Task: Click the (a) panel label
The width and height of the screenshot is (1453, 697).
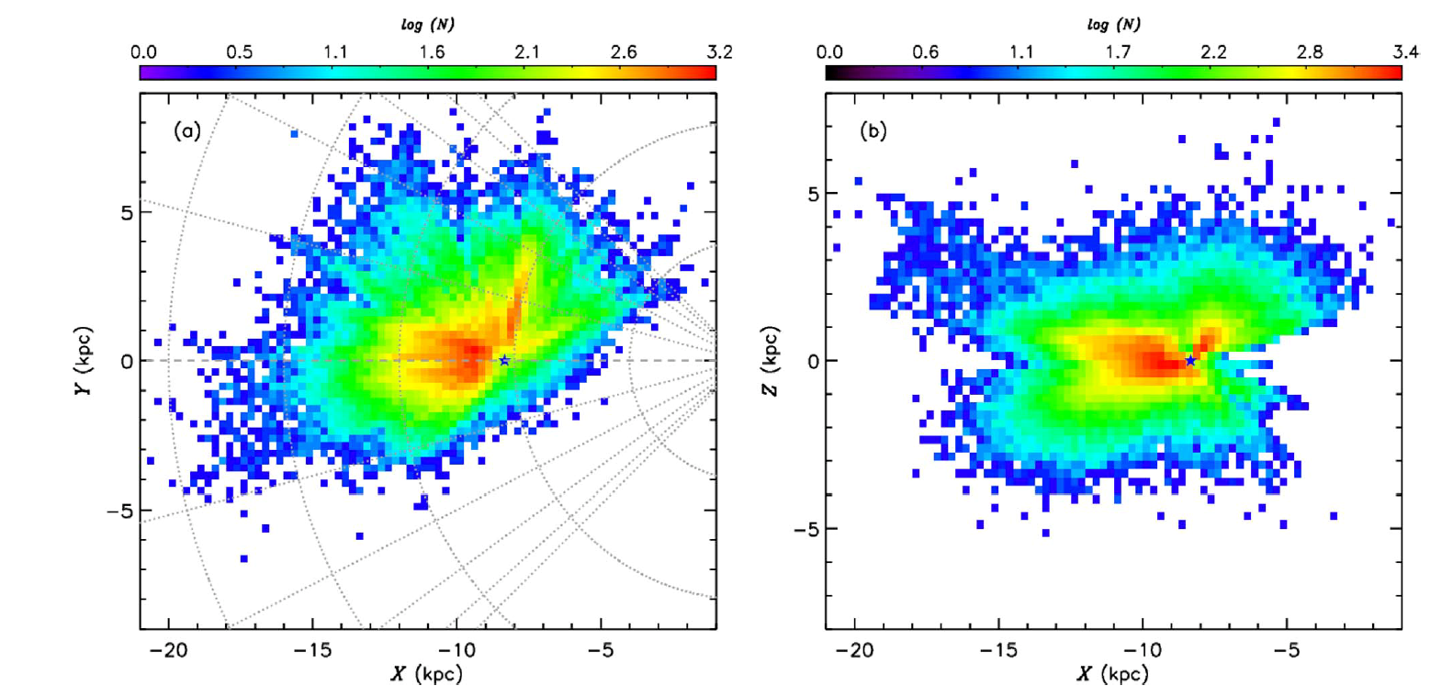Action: [x=187, y=130]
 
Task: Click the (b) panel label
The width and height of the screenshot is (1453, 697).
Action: [x=873, y=130]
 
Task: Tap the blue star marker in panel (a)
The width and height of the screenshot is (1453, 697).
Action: [x=504, y=360]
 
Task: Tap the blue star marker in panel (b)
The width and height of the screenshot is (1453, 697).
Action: [x=1190, y=360]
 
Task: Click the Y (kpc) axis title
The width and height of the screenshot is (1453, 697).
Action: [x=84, y=361]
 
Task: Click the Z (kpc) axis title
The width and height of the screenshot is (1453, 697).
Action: [x=770, y=361]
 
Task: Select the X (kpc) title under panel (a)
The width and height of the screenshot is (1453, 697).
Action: [x=427, y=674]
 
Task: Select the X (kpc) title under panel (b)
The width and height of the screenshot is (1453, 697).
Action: [x=1113, y=674]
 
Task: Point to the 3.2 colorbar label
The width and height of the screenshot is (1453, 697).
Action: [x=719, y=52]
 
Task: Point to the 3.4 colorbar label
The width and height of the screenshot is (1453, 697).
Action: [x=1405, y=52]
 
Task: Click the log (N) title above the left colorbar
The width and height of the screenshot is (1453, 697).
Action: [x=427, y=25]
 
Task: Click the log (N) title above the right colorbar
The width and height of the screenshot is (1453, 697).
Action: [x=1113, y=25]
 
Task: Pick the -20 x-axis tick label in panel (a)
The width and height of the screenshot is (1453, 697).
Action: [x=168, y=651]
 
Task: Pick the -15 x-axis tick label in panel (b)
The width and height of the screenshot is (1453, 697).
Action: [x=998, y=651]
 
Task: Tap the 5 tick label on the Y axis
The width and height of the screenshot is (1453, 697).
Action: [x=127, y=212]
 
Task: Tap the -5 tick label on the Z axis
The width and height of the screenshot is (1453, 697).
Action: [x=805, y=529]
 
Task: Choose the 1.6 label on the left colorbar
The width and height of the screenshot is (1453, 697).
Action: [x=432, y=52]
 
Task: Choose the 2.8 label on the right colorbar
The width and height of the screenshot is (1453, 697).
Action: [x=1310, y=52]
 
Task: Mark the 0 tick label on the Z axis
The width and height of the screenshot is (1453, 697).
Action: [x=812, y=361]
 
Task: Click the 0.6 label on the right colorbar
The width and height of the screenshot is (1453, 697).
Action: [x=925, y=52]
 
